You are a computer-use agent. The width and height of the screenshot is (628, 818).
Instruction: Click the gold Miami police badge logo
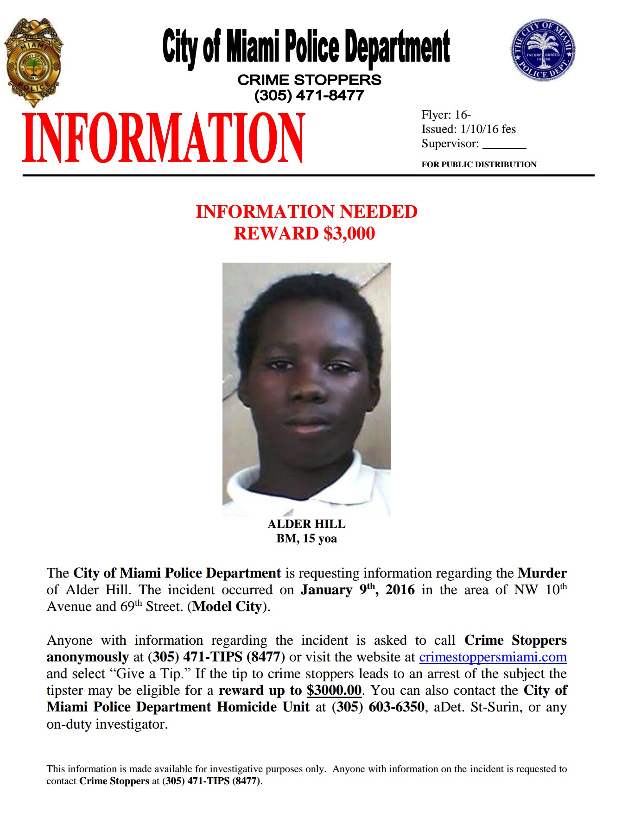pyautogui.click(x=33, y=63)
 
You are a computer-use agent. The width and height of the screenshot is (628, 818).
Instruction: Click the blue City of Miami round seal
pyautogui.click(x=543, y=50)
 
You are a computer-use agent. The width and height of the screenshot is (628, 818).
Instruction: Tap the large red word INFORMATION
pyautogui.click(x=164, y=138)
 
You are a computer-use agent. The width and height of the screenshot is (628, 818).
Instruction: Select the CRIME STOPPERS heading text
pyautogui.click(x=309, y=80)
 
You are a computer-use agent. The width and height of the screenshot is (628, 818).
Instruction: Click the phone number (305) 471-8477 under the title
pyautogui.click(x=309, y=95)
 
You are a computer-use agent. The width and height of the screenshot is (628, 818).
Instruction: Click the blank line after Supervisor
pyautogui.click(x=504, y=145)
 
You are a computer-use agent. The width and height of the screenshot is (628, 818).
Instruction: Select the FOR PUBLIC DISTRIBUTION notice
pyautogui.click(x=479, y=164)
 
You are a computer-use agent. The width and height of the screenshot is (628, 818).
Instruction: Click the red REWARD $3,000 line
pyautogui.click(x=304, y=233)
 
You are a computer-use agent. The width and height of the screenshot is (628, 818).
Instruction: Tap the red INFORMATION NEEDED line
pyautogui.click(x=306, y=212)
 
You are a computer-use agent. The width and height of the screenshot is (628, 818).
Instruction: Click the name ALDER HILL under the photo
pyautogui.click(x=306, y=524)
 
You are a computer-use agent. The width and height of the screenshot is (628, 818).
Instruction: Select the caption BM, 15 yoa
pyautogui.click(x=306, y=539)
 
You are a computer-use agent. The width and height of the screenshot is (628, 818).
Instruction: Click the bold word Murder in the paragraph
pyautogui.click(x=542, y=573)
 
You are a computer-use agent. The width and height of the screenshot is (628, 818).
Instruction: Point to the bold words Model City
pyautogui.click(x=227, y=607)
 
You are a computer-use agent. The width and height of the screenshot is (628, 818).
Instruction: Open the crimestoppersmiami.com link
pyautogui.click(x=493, y=657)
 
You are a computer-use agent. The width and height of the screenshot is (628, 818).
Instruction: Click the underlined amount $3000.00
pyautogui.click(x=334, y=691)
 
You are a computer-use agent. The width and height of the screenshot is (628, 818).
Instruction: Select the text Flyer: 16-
pyautogui.click(x=446, y=115)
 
